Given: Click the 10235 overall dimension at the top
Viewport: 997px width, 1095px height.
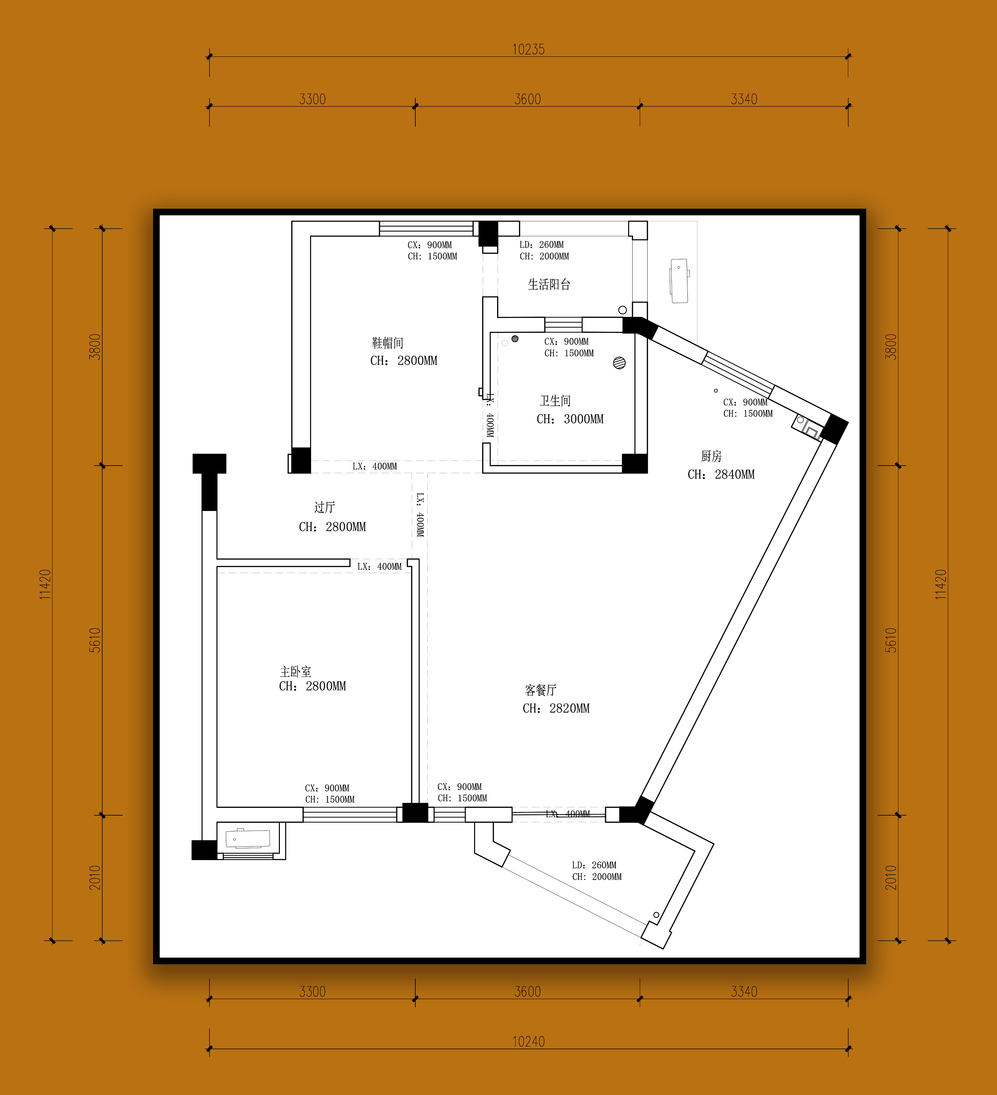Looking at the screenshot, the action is click(528, 49).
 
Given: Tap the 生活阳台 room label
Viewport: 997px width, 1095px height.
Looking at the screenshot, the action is click(549, 284).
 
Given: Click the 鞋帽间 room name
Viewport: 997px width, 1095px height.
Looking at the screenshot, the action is click(387, 343).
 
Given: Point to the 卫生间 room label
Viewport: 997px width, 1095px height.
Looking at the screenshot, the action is click(555, 401).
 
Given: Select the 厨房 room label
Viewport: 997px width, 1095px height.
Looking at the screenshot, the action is click(711, 456).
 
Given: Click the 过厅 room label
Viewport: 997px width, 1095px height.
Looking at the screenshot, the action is click(324, 507).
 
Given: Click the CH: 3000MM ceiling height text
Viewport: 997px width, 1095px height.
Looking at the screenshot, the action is click(570, 419).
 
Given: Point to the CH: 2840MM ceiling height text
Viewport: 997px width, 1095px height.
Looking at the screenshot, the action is click(721, 474).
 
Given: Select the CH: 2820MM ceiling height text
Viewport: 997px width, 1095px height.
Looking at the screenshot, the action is click(556, 708).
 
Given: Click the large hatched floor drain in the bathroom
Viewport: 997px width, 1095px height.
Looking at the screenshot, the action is click(620, 363).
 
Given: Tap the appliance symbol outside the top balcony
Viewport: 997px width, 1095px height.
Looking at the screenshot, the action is click(679, 281).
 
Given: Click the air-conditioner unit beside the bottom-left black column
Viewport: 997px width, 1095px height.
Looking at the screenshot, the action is click(248, 839).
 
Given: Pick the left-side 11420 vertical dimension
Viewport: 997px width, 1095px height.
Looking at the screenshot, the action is click(45, 584).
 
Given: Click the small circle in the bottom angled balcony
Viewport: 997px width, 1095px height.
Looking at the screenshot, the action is click(656, 915).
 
